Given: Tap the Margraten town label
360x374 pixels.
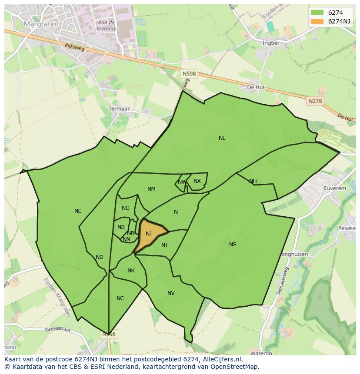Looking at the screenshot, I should [x=41, y=24].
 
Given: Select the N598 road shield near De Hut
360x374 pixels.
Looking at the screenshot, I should [x=189, y=74].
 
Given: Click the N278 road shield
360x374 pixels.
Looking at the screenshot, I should [x=315, y=101].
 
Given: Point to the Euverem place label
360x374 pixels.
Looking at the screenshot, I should [x=335, y=189].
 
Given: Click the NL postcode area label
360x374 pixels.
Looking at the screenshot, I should [x=222, y=138].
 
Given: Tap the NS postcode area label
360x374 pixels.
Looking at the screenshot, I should [x=233, y=245].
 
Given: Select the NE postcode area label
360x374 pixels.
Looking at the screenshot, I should [x=78, y=211].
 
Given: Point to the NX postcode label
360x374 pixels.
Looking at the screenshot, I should [x=197, y=181].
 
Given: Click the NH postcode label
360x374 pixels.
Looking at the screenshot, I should [x=253, y=181].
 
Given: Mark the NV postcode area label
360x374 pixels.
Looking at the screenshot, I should [x=171, y=293].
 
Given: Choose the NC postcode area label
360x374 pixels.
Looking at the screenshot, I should [x=120, y=298].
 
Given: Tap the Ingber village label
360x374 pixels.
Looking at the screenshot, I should [x=271, y=43].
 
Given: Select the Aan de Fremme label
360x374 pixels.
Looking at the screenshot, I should [x=107, y=26].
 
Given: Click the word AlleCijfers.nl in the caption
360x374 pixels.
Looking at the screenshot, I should [x=222, y=359].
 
